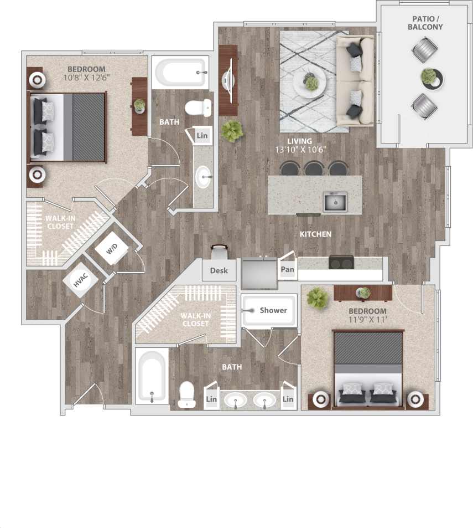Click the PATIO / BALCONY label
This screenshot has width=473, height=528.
tap(425, 22)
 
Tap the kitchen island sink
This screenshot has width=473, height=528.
tap(335, 202)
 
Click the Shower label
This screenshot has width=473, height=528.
tap(273, 310)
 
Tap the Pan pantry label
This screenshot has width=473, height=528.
tap(287, 270)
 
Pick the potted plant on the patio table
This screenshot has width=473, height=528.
tap(429, 77)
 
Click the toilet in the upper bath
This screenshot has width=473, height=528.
tap(197, 106)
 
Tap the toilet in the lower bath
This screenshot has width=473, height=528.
tap(186, 395)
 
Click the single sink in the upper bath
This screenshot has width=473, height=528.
tap(204, 177)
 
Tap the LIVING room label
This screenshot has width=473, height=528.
tap(299, 141)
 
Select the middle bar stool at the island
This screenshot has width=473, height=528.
tap(313, 168)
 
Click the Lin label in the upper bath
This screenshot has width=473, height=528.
tap(202, 135)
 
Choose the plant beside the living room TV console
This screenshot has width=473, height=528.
tap(232, 131)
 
